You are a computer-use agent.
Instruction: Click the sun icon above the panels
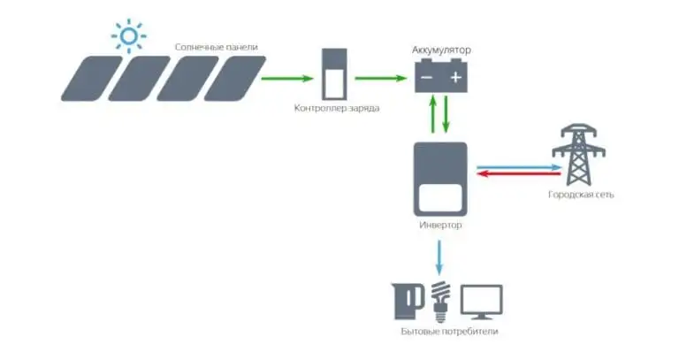[x=129, y=36]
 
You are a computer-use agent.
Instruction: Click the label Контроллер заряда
[x=337, y=108]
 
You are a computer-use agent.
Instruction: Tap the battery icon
[x=441, y=77]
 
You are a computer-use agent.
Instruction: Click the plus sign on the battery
[x=455, y=78]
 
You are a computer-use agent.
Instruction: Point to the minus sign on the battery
[x=427, y=78]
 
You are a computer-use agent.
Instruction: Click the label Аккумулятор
[x=441, y=50]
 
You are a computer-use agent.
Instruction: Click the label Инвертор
[x=439, y=226]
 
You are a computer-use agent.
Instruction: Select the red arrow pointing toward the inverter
[x=516, y=173]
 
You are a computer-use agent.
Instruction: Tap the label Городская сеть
[x=581, y=193]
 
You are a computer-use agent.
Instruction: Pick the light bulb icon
[x=439, y=301]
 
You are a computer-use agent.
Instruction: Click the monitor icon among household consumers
[x=482, y=301]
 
